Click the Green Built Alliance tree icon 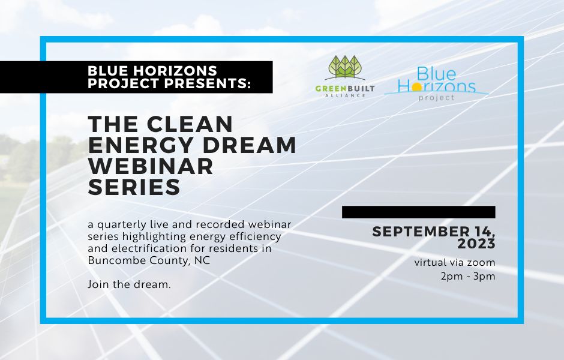click(x=345, y=68)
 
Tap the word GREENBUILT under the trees click(x=345, y=88)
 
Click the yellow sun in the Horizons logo click(x=417, y=86)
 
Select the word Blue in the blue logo click(x=436, y=74)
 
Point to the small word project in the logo click(x=436, y=97)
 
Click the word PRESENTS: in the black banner click(x=208, y=83)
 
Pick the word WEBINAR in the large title click(x=151, y=166)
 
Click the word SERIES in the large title click(x=134, y=187)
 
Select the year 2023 click(x=476, y=244)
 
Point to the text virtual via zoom click(x=455, y=262)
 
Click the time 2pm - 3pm click(x=468, y=276)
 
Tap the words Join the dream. click(x=129, y=284)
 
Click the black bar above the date click(x=419, y=212)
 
